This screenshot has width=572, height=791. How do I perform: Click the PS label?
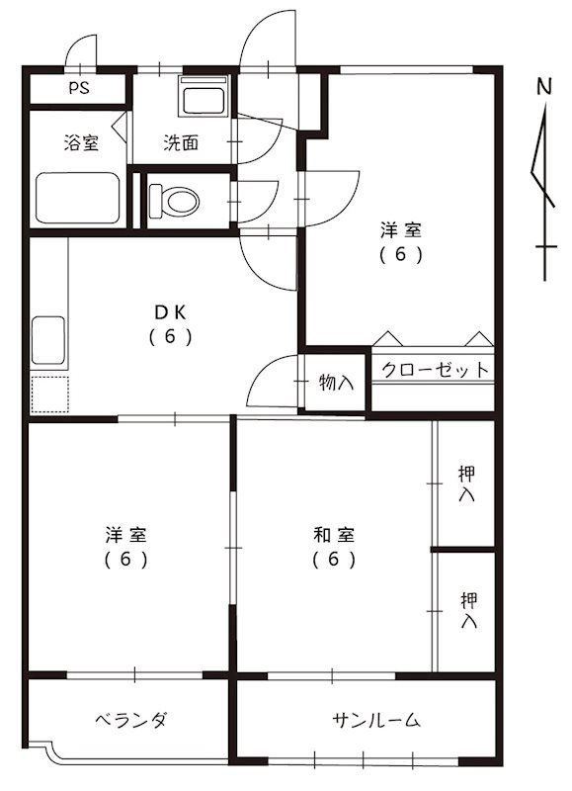tap(79, 88)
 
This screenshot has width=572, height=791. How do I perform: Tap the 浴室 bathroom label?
tap(81, 143)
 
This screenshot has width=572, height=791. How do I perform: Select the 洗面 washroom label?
tap(180, 143)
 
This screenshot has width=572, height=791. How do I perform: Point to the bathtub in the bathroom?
tap(78, 198)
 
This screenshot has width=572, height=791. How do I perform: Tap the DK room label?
tap(170, 312)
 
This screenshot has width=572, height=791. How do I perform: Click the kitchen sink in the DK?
tap(48, 342)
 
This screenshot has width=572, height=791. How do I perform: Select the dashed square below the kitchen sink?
tap(49, 394)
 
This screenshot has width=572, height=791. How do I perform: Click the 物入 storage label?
tap(336, 382)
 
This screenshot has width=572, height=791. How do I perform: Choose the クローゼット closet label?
tap(435, 370)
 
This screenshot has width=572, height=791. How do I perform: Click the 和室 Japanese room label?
tap(334, 536)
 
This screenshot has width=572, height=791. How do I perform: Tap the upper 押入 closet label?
tap(467, 483)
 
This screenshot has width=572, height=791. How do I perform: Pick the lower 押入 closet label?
tap(468, 610)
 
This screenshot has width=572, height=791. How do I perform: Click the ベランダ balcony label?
tap(130, 720)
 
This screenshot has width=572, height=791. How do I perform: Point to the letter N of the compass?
tap(543, 87)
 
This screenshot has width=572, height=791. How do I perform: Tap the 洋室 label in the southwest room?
tap(126, 536)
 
